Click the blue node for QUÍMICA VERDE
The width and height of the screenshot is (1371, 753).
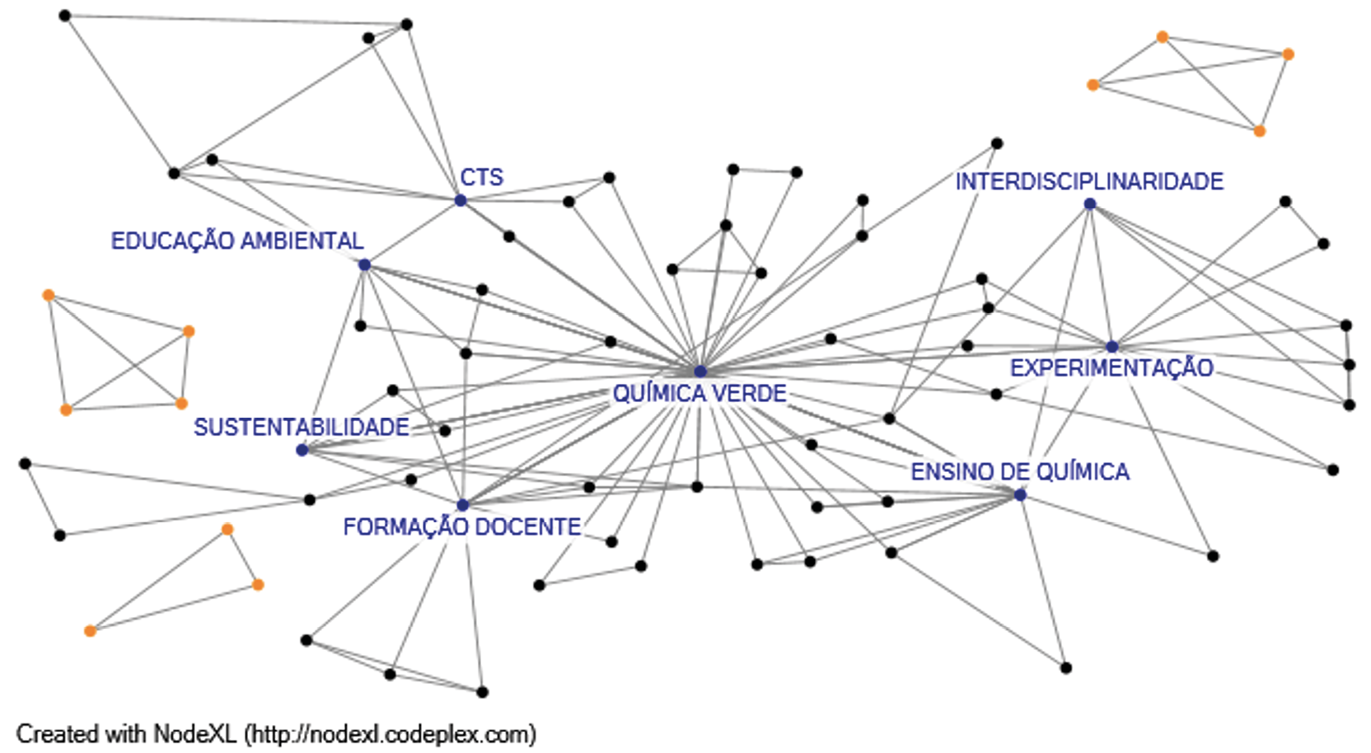(x=700, y=372)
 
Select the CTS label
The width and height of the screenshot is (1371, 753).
(x=481, y=177)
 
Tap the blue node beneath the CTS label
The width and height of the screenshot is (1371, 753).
(x=461, y=200)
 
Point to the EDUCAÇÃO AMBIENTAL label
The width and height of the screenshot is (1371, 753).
(x=237, y=241)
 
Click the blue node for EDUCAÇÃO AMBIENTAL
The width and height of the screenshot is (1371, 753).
(x=364, y=264)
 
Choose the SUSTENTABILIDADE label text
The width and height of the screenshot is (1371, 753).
(x=301, y=427)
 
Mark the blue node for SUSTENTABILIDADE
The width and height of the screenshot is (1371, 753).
(x=302, y=450)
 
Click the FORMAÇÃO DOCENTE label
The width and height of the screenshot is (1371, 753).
(x=461, y=526)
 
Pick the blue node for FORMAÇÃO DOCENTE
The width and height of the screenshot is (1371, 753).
(x=462, y=505)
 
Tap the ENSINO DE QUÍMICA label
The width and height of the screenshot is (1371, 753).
(x=1019, y=471)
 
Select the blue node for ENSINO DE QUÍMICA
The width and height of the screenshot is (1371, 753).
(x=1020, y=494)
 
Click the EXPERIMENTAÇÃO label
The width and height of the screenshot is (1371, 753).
(x=1111, y=367)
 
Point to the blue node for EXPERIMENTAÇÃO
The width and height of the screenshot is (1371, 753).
(x=1111, y=347)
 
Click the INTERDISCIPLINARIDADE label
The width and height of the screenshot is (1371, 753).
(x=1089, y=181)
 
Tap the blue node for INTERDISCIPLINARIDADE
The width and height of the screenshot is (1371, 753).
(x=1090, y=203)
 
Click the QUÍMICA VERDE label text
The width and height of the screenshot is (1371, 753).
(x=700, y=394)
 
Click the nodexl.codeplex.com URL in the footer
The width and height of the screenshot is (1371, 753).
(x=391, y=733)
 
